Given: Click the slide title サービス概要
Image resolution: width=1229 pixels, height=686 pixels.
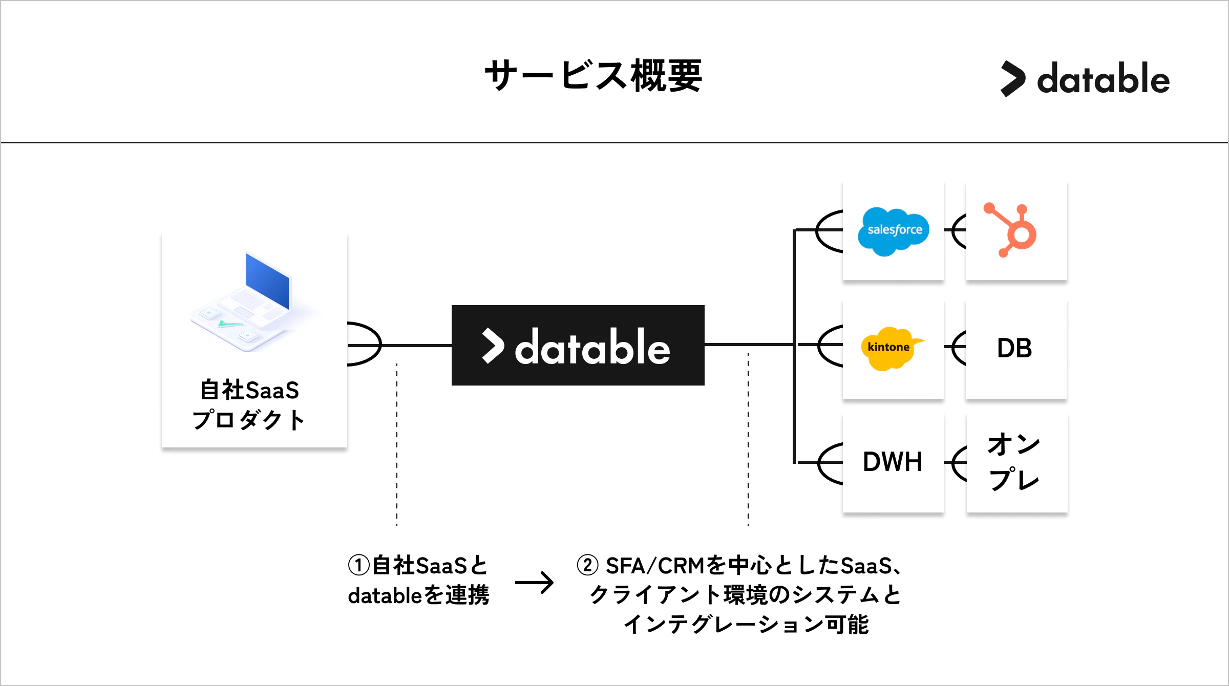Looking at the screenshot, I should point(593,76).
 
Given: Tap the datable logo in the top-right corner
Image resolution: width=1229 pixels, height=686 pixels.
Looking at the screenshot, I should point(1086,79).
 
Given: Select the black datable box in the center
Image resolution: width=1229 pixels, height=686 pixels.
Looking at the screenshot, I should point(578,346).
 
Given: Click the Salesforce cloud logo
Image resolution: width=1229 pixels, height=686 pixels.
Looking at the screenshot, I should point(894,231).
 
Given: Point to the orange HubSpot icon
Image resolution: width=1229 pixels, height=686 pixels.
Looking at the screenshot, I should point(1012,230).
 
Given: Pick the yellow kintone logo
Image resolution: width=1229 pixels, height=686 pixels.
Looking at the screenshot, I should point(890,348).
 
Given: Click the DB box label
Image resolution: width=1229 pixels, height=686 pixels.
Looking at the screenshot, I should point(1014,349).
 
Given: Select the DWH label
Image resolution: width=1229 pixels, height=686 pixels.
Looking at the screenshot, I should point(892,462).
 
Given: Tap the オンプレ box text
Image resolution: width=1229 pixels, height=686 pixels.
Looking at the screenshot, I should point(1014,461).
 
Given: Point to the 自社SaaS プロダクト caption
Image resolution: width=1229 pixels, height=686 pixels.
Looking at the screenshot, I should point(249,405).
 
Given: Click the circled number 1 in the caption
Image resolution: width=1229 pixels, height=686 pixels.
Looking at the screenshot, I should point(358,566).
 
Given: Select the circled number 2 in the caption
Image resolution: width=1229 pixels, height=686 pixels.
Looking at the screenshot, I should point(587,565).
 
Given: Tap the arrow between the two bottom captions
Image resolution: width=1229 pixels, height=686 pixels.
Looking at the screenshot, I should point(534,583).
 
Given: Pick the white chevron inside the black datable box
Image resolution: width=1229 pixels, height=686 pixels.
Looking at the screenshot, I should point(493,346).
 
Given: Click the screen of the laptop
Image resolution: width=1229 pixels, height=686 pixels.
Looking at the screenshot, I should point(267,281).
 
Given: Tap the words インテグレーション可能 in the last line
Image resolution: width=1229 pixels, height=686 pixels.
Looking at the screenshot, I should point(746,625).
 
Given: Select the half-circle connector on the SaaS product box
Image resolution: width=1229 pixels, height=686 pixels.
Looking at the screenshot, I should point(365,344).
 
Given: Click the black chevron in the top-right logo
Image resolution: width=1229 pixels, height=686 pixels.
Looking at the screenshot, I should point(1013,79).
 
